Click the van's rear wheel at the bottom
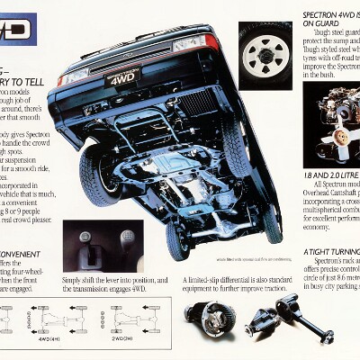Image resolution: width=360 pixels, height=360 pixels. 177,239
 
